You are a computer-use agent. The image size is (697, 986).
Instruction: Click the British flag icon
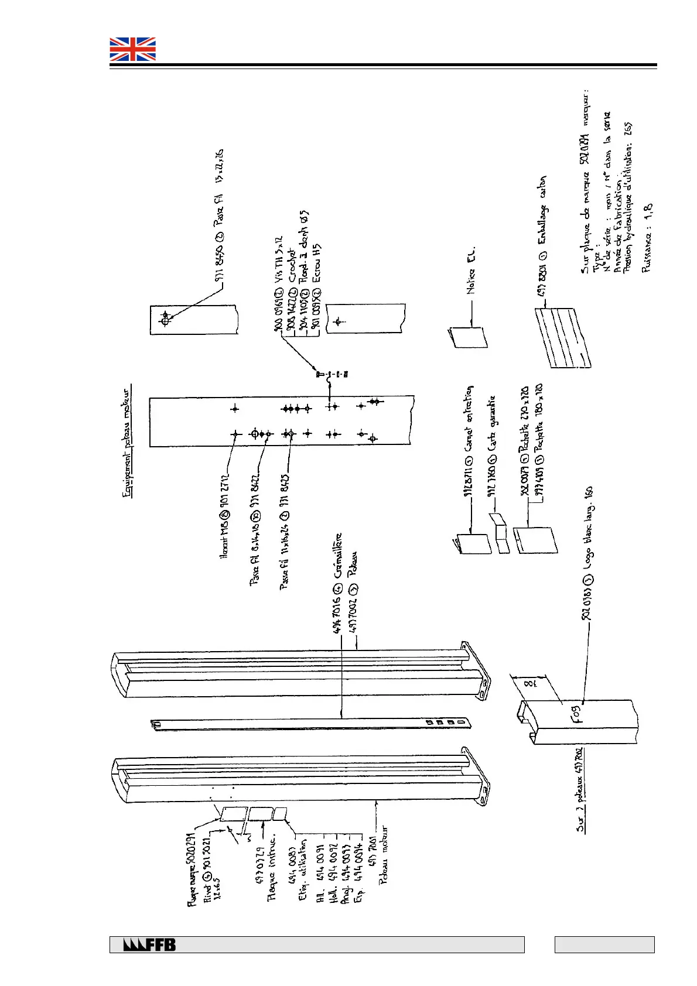coord(133,49)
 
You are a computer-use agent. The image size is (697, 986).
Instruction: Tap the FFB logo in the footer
coord(149,944)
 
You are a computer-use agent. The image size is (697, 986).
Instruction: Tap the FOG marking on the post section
coord(576,715)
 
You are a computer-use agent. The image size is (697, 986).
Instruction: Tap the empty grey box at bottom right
coord(604,944)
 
